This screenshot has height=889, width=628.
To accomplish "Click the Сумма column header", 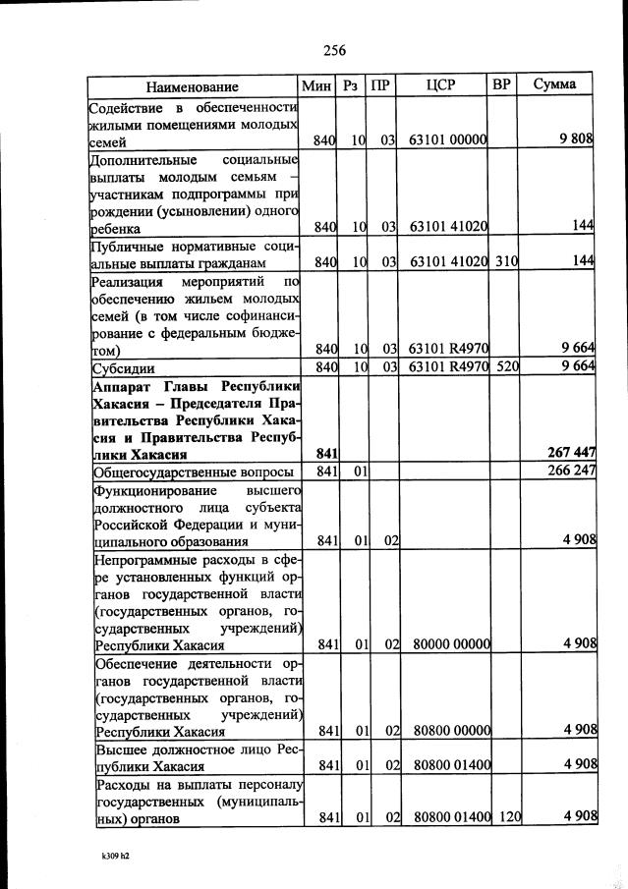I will (x=554, y=85).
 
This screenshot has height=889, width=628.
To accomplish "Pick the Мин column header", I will (x=316, y=85).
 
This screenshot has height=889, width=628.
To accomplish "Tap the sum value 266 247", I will (x=570, y=472).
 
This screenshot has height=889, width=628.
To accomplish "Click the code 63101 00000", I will (x=449, y=141).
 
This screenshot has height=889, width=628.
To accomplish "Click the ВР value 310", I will (x=506, y=262).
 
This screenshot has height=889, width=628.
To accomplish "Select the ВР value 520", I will (x=506, y=367).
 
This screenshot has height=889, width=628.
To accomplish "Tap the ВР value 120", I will (x=506, y=817).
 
